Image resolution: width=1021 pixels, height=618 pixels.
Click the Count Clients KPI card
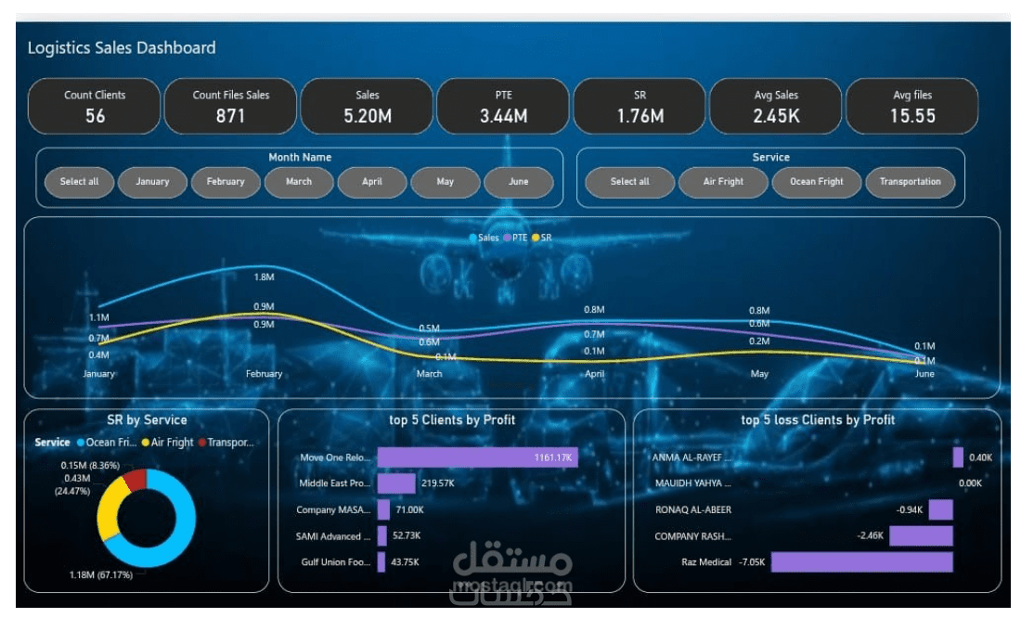[x=95, y=106]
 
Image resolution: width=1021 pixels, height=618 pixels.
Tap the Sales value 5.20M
[x=367, y=116]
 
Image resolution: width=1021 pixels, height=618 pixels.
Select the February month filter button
[x=226, y=182]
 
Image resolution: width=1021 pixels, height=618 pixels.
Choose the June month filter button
[x=518, y=182]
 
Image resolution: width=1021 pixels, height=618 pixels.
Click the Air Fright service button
[x=723, y=182]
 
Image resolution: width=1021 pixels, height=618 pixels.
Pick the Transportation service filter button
[x=910, y=182]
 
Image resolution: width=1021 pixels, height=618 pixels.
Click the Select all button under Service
[x=630, y=182]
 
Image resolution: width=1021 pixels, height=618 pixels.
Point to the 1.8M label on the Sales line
[x=264, y=277]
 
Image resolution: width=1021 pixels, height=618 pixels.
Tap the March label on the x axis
[x=429, y=374]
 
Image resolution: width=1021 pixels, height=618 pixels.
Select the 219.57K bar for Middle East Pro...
[x=396, y=483]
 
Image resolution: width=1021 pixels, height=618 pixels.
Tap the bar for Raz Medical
[x=861, y=562]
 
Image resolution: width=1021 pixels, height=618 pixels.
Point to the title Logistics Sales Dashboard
[x=122, y=48]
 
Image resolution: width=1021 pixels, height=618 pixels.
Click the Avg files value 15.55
[x=912, y=116]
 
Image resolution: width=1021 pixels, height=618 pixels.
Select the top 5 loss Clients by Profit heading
[x=818, y=420]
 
